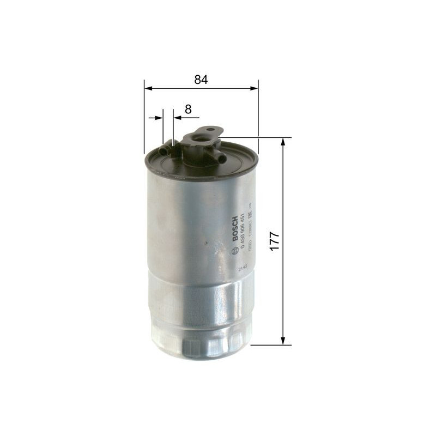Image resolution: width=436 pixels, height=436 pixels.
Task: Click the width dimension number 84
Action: tap(201, 80)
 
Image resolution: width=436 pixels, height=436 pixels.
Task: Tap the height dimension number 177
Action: tap(274, 240)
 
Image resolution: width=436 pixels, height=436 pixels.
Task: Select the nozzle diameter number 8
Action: tap(188, 109)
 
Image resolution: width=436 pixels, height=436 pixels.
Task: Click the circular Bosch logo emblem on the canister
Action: tap(235, 250)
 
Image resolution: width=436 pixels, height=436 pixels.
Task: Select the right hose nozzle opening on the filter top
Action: tap(223, 158)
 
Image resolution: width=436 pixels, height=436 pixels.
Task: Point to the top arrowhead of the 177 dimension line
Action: tap(283, 142)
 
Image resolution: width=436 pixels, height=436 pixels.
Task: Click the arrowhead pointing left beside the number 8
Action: tap(177, 117)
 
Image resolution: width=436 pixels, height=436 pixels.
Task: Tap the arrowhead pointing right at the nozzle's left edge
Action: tap(159, 117)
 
